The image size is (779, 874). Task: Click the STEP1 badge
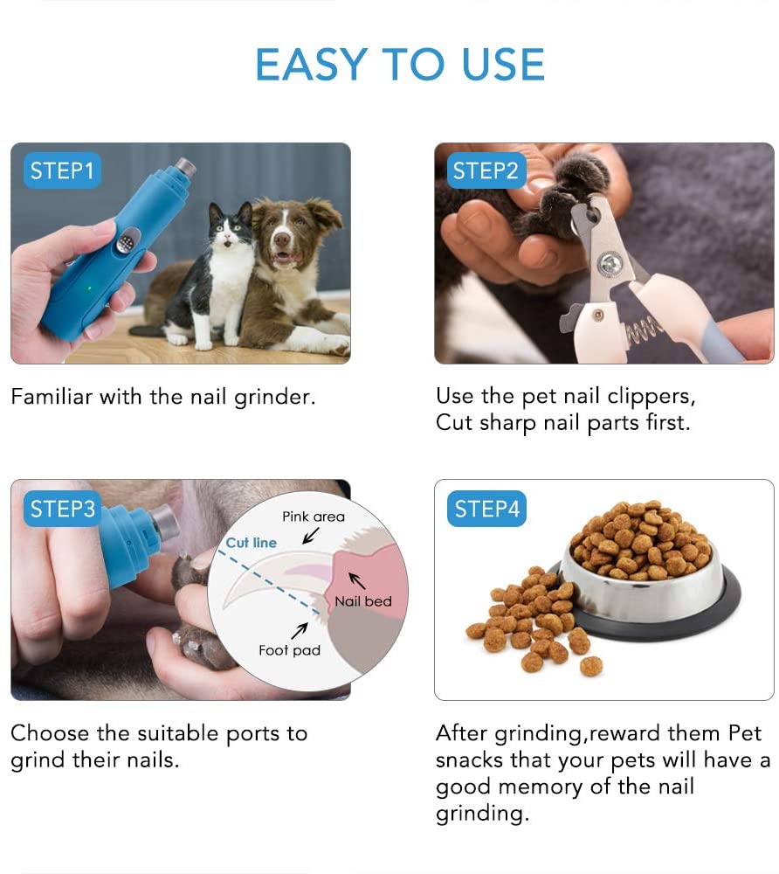61,170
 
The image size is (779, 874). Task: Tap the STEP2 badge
486,170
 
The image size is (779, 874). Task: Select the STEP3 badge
61,509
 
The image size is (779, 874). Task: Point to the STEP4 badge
486,509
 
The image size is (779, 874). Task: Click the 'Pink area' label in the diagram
314,517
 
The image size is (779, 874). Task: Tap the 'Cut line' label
251,543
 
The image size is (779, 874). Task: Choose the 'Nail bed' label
363,601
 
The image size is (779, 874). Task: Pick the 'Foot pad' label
289,650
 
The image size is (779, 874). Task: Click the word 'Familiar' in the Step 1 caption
51,397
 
